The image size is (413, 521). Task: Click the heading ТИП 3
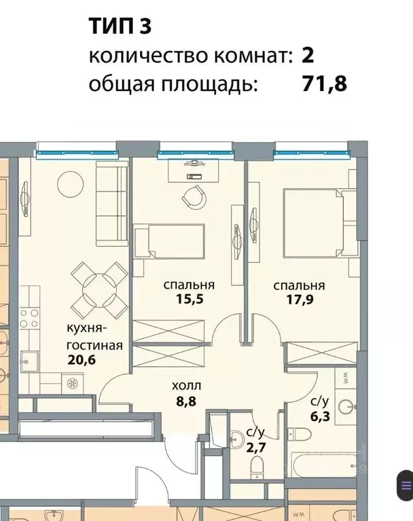pos(120,27)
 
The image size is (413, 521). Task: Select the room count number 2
pos(308,56)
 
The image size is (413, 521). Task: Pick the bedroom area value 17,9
pos(298,298)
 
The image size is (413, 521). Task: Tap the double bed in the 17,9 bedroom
pos(316,221)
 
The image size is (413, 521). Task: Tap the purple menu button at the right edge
pos(406,486)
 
